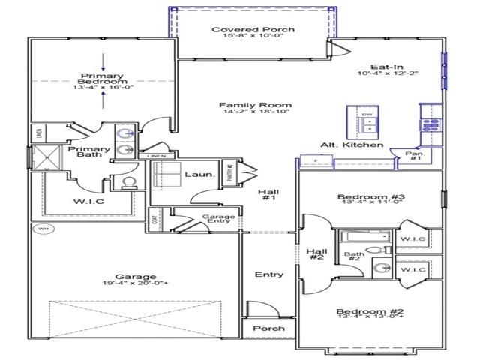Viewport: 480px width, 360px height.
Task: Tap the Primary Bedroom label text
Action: tap(102, 80)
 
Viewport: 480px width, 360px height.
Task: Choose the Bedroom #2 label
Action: tap(370, 311)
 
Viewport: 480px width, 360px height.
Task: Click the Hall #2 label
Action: tap(316, 254)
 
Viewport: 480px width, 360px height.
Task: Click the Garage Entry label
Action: tap(219, 220)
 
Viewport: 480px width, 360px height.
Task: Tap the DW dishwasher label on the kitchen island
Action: tap(367, 115)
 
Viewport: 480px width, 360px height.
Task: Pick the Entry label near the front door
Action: tap(268, 274)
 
